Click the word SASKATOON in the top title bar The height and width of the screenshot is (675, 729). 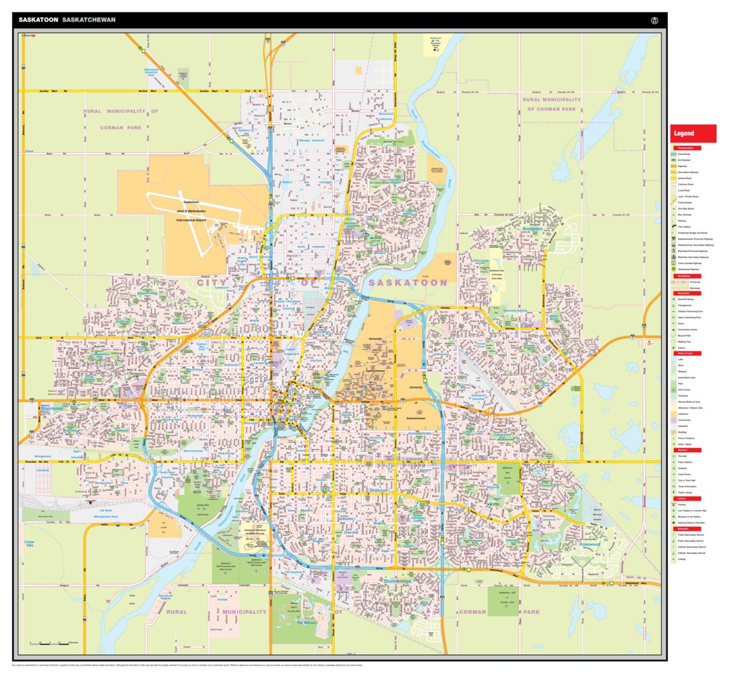(38, 20)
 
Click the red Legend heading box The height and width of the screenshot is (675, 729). (692, 133)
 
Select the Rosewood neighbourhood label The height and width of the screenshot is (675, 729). (588, 544)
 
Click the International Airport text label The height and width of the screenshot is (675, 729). (190, 221)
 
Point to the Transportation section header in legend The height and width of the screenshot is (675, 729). (688, 148)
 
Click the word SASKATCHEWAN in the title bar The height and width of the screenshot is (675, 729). (88, 20)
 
